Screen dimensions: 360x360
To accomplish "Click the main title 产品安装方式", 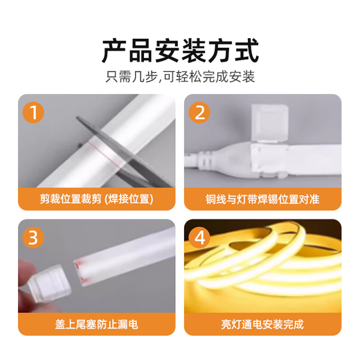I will pyautogui.click(x=180, y=51).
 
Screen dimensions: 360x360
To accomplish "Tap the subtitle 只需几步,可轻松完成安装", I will pyautogui.click(x=180, y=76).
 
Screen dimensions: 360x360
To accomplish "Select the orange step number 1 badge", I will pyautogui.click(x=32, y=112).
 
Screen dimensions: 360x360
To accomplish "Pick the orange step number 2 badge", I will pyautogui.click(x=199, y=112).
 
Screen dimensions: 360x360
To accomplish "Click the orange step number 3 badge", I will pyautogui.click(x=32, y=237).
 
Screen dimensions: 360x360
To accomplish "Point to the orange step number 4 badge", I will pyautogui.click(x=199, y=237).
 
